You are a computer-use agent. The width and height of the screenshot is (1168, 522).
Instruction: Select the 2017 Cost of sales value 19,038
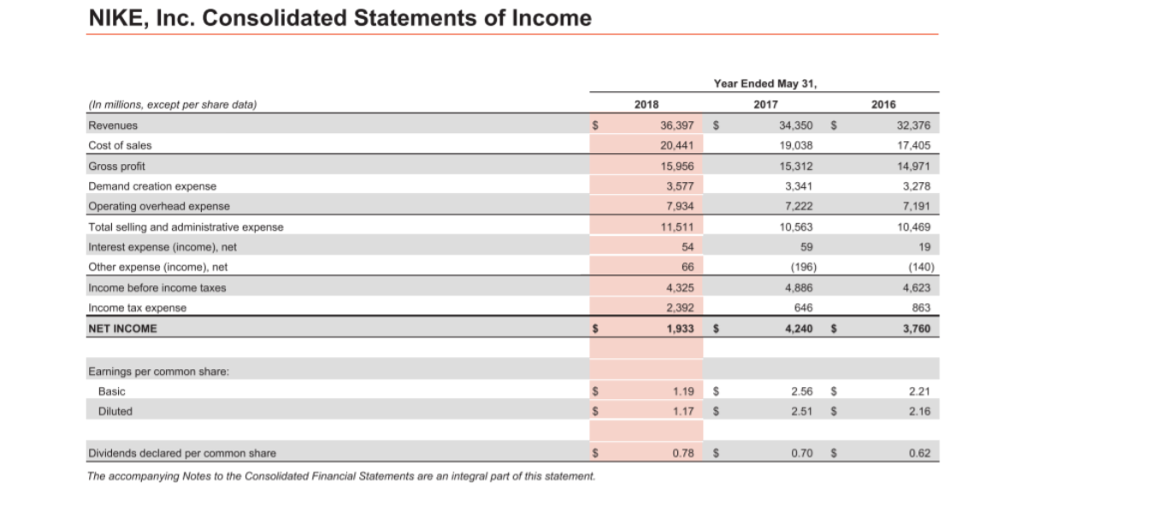795,145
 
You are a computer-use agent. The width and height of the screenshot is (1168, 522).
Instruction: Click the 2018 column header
646,104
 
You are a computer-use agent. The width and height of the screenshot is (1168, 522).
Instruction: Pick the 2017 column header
765,104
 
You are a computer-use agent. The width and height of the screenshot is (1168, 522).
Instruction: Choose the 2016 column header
883,104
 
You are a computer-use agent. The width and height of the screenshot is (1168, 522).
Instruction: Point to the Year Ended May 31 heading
764,84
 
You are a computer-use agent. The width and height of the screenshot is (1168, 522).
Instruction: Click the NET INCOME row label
123,328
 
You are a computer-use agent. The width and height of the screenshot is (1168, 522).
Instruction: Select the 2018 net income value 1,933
681,328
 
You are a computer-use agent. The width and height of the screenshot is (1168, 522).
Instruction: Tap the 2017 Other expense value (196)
798,267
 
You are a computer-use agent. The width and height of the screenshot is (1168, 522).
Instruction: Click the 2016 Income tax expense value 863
920,308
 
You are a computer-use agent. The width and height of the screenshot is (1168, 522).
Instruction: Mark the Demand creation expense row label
152,186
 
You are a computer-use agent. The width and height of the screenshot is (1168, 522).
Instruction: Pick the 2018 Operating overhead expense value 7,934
681,207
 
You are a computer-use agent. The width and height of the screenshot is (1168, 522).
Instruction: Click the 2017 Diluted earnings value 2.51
802,411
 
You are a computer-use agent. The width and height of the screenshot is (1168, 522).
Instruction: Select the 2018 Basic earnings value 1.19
683,391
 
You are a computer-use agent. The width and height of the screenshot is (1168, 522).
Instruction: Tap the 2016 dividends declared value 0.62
920,453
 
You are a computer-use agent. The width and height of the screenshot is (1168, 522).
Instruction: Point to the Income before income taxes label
157,288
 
